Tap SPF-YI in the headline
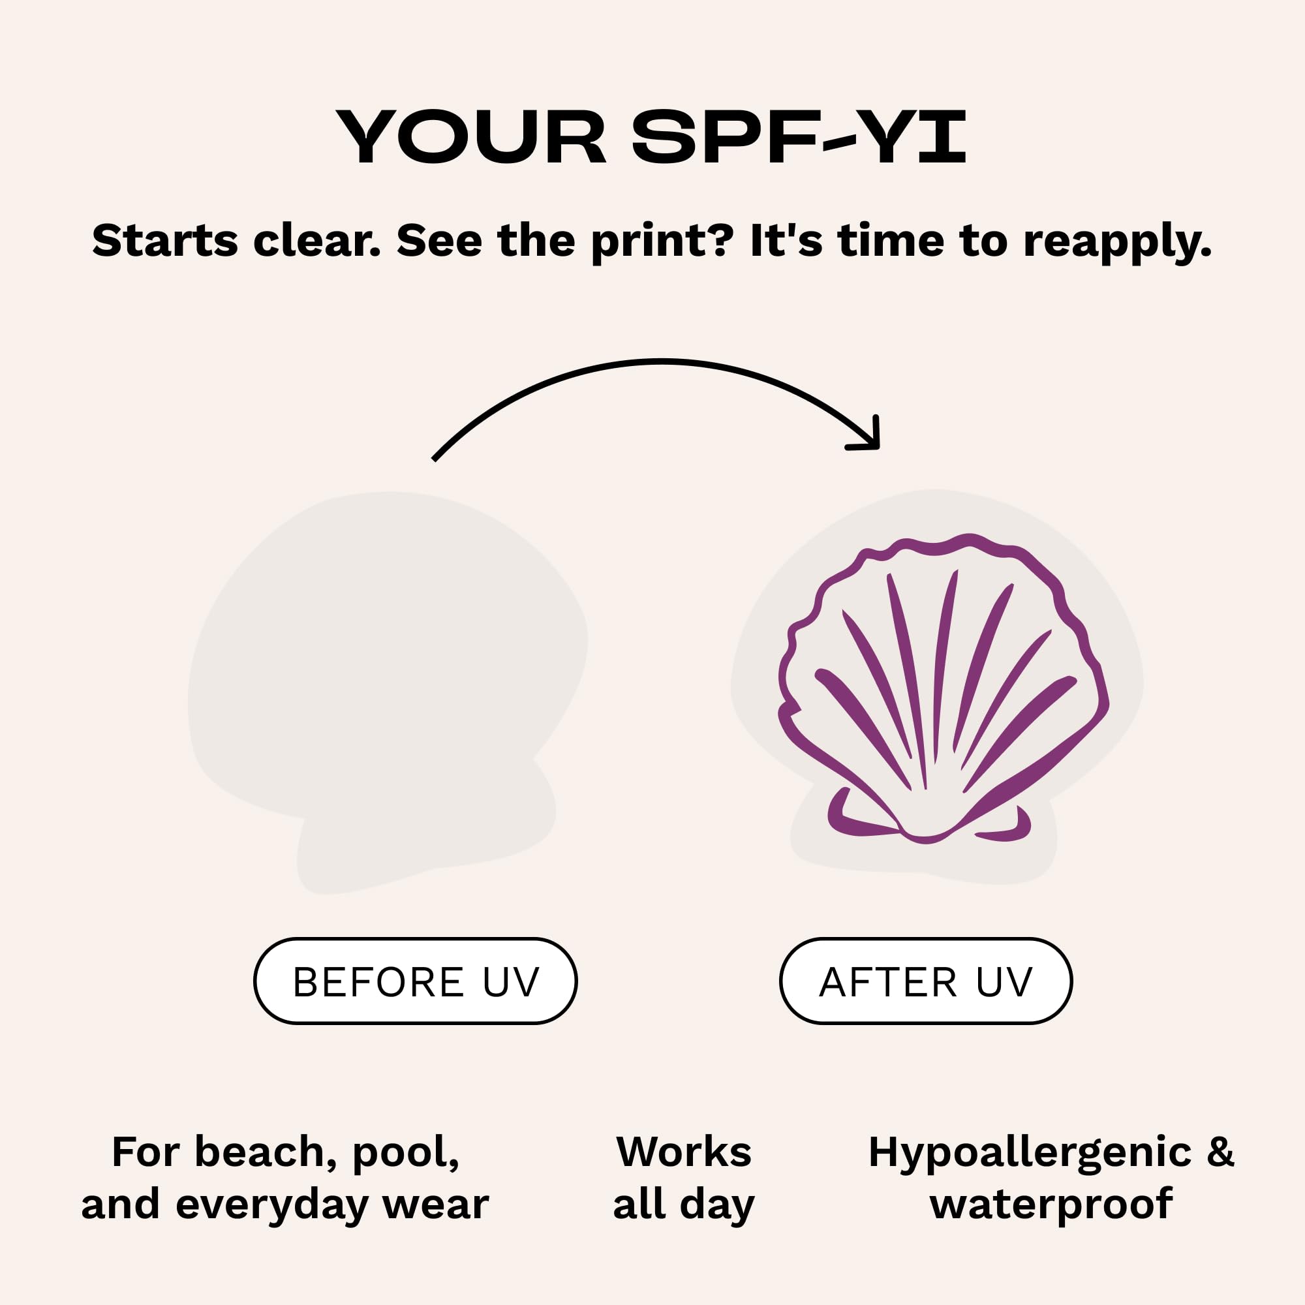coord(799,137)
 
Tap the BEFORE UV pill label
coord(416,981)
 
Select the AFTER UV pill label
coord(926,981)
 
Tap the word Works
coord(684,1152)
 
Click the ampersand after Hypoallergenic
coord(1221,1152)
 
